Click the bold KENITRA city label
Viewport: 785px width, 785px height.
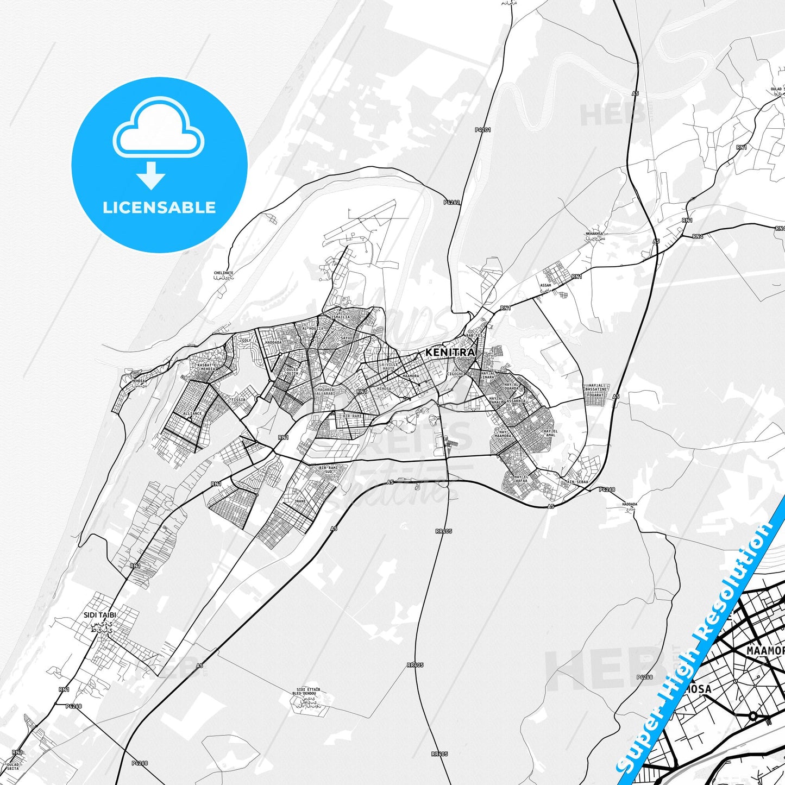450,353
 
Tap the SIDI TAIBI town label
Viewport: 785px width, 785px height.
100,615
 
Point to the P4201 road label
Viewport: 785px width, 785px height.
482,130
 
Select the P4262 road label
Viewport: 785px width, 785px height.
451,203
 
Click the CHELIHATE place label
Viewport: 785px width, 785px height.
223,273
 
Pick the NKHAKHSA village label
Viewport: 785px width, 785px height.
594,234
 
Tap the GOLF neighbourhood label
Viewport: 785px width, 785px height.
246,341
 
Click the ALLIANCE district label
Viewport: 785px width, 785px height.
192,413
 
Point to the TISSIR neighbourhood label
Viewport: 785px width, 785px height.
238,400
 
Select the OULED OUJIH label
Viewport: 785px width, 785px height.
292,372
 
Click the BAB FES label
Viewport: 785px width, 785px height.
474,336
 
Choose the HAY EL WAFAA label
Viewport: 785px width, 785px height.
521,478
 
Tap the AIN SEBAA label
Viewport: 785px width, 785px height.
577,482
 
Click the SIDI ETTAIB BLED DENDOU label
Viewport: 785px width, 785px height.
306,692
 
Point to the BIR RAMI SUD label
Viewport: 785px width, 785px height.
328,469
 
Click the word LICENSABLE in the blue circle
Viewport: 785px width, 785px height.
159,208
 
